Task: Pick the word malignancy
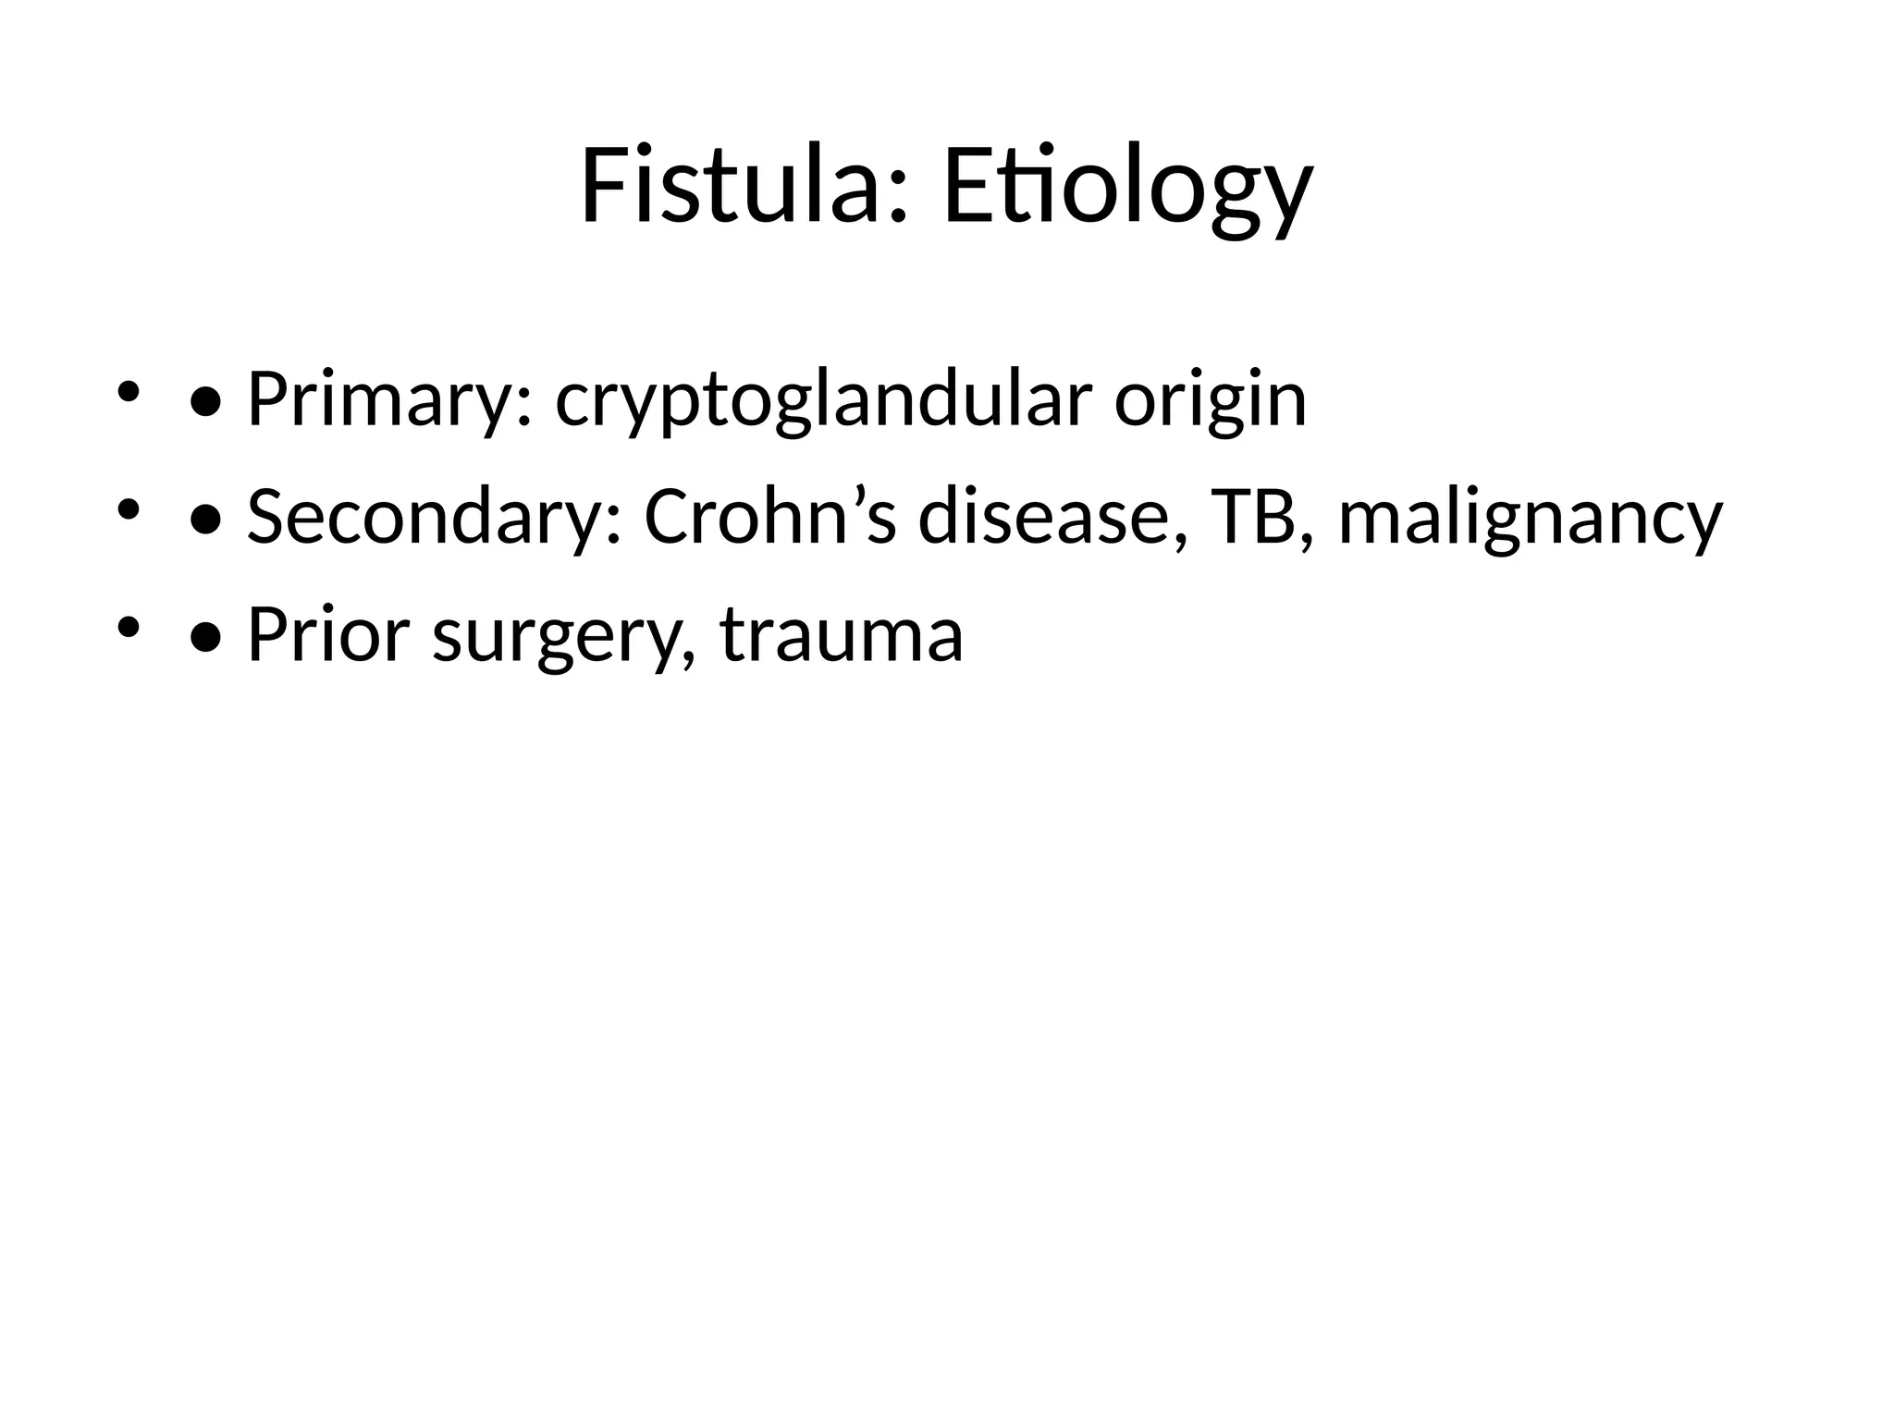click(1531, 518)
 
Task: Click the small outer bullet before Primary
click(128, 392)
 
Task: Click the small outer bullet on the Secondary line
click(128, 509)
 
